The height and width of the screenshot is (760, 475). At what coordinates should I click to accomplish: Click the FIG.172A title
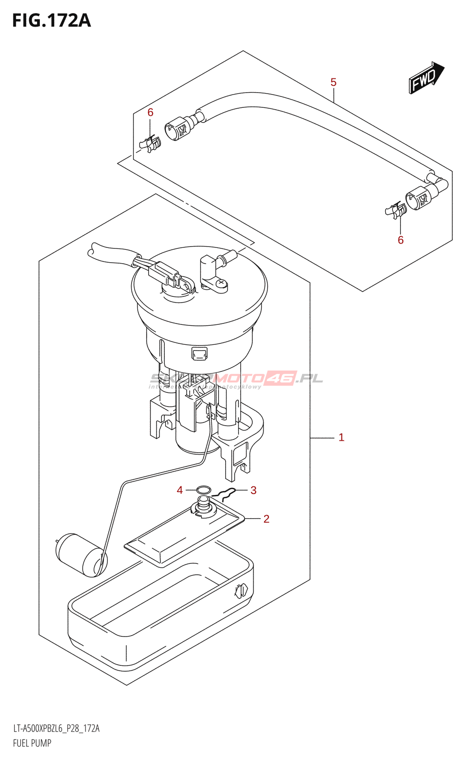[x=51, y=21]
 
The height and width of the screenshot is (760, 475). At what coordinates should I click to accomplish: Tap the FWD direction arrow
[x=426, y=77]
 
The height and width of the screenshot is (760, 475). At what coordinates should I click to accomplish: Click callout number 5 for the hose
[x=333, y=83]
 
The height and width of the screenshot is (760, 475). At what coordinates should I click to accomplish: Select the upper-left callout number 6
[x=151, y=113]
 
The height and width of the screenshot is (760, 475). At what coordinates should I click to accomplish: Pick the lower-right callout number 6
[x=400, y=240]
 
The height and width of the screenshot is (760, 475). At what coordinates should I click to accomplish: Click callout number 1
[x=341, y=437]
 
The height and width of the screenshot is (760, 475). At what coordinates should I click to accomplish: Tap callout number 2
[x=266, y=519]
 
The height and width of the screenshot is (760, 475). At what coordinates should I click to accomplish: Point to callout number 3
[x=253, y=490]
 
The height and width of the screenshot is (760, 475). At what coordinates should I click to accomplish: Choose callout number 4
[x=180, y=490]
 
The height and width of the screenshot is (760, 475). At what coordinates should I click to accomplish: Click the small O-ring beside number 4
[x=204, y=490]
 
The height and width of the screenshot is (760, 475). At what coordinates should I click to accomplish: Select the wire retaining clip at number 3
[x=224, y=495]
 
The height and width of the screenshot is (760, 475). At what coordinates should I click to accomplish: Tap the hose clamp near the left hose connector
[x=151, y=143]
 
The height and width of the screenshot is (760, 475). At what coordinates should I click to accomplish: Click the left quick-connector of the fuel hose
[x=178, y=127]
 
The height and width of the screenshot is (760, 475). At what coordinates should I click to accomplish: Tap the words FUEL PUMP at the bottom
[x=32, y=743]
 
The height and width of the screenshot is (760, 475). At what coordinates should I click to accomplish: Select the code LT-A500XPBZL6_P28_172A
[x=56, y=729]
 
